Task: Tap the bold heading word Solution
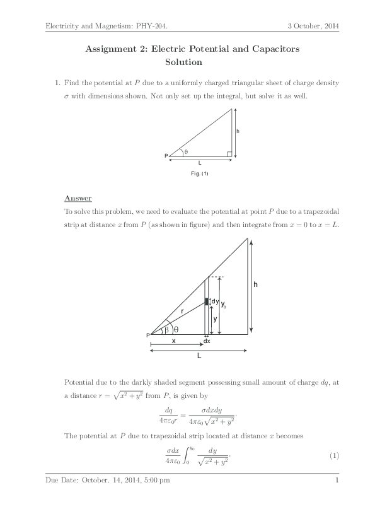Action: tap(183, 62)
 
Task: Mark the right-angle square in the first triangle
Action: tap(230, 153)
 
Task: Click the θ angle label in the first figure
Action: tap(186, 152)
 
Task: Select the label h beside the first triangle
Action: tap(238, 131)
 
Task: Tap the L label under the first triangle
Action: tap(200, 163)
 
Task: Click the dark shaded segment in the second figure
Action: tap(206, 301)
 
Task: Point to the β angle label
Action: tap(166, 329)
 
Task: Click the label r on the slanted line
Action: tap(182, 311)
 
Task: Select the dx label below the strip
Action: tap(206, 341)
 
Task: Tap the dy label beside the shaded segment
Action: tap(214, 301)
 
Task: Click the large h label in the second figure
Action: tap(255, 285)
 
